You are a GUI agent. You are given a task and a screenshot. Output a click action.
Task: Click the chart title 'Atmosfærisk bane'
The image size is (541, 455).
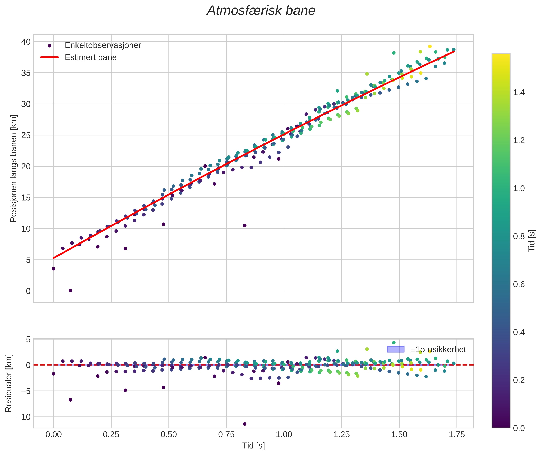pos(261,11)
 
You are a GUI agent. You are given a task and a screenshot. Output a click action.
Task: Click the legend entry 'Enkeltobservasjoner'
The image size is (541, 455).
pos(103,45)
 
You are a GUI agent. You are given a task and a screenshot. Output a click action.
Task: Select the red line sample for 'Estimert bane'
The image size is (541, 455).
pos(50,57)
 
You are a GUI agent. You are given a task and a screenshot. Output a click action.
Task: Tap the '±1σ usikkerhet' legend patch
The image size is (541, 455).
pos(395,349)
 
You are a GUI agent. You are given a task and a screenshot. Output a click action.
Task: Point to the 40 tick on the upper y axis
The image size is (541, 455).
pos(26,42)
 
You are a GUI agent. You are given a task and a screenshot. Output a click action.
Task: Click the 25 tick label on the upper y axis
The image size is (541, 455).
pos(26,135)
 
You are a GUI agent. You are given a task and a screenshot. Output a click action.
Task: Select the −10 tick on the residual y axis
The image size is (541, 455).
pos(23,417)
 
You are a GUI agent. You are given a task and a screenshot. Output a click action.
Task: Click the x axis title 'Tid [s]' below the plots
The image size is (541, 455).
pos(253,446)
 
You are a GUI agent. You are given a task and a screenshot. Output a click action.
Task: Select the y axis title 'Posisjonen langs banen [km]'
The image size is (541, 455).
pos(13,168)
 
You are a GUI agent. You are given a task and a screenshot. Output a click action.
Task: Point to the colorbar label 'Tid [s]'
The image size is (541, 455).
pos(532,241)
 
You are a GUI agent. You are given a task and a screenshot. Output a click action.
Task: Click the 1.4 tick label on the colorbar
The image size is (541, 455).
pos(519,93)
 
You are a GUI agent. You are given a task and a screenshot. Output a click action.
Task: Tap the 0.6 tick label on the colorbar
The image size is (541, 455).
pos(519,284)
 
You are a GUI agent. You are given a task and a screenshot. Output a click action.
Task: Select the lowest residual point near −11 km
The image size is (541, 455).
pos(245,424)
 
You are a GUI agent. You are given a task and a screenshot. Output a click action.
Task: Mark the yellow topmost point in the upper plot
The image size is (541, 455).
pos(430,46)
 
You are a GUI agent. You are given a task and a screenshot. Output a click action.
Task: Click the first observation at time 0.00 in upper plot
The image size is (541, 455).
pos(54,269)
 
